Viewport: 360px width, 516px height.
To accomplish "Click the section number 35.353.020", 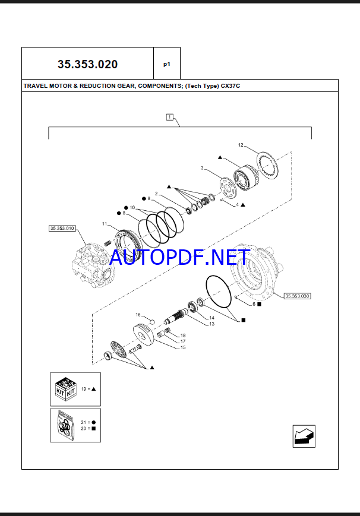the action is [x=87, y=64].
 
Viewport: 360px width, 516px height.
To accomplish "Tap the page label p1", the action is [x=167, y=65].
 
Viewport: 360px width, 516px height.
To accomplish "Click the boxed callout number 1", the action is [x=170, y=117].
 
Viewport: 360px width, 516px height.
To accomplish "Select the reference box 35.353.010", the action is [x=62, y=229].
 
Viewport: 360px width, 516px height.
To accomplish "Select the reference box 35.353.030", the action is [x=298, y=296].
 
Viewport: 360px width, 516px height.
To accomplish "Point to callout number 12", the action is [x=241, y=145].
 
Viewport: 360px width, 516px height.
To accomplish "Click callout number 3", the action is [x=202, y=168].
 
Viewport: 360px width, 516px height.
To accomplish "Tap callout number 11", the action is [x=105, y=224].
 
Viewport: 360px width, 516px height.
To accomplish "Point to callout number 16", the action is [x=138, y=315].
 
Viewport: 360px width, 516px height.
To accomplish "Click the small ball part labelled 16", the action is [x=152, y=321].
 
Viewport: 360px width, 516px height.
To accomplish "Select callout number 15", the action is [x=183, y=347].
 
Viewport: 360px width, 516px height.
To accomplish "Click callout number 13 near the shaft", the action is [x=212, y=324].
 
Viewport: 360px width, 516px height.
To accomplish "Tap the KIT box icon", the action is [x=66, y=390].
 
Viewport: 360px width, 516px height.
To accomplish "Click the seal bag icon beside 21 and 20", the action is [x=65, y=425].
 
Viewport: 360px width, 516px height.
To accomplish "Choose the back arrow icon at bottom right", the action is [x=304, y=436].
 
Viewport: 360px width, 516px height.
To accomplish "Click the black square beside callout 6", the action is [x=259, y=305].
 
